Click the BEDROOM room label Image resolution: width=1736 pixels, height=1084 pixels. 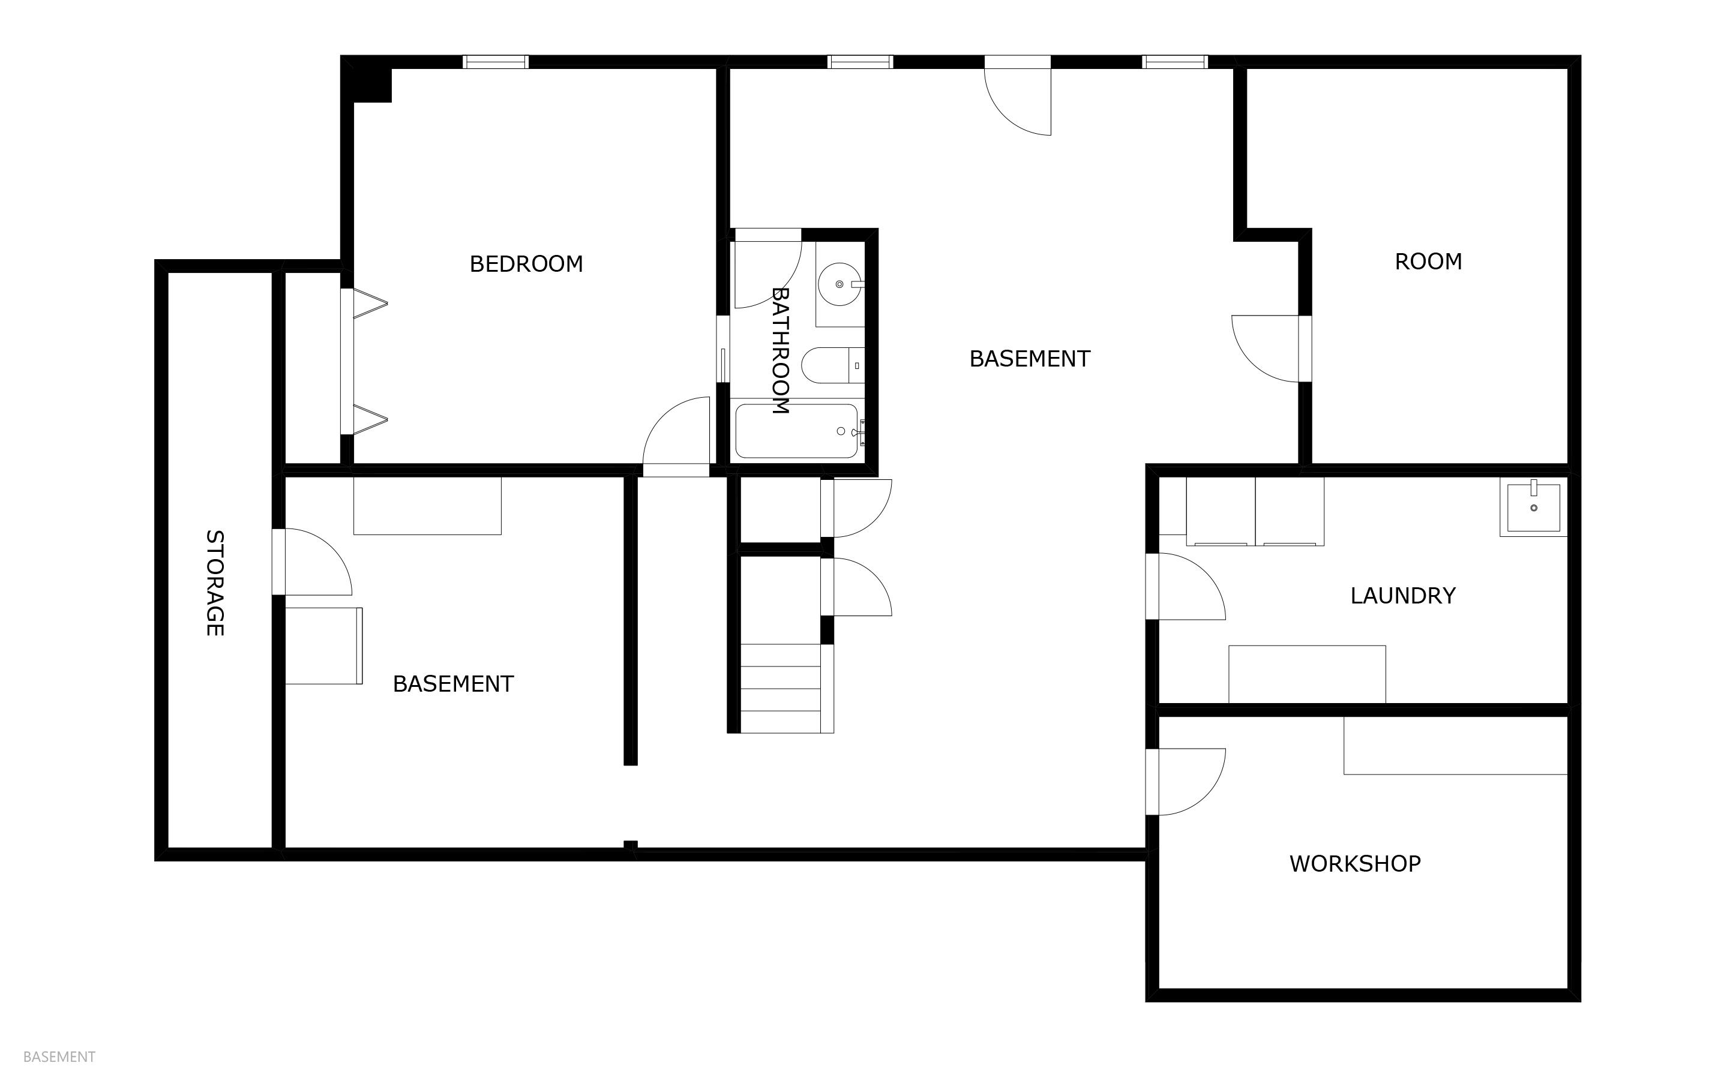(526, 264)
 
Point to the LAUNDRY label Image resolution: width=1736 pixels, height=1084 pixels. (1402, 596)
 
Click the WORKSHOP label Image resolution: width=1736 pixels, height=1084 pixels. (1354, 864)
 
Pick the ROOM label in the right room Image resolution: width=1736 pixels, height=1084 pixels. (1428, 262)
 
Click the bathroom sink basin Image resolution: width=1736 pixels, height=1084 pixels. (839, 284)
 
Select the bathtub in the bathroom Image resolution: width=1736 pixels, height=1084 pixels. (796, 431)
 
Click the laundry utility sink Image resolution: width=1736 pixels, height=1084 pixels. (1533, 508)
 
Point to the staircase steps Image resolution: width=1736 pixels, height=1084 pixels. (780, 688)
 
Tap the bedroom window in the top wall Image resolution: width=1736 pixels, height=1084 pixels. (496, 62)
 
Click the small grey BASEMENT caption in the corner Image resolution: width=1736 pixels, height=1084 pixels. (59, 1057)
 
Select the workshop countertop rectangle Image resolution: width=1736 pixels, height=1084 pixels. (1454, 746)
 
